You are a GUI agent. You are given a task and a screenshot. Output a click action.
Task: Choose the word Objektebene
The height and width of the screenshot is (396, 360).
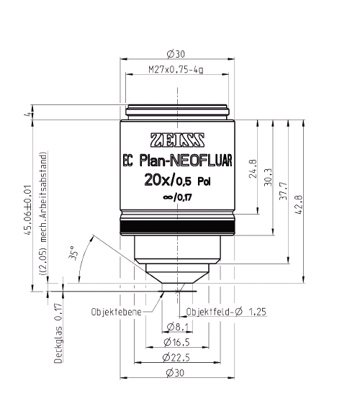coord(115,312)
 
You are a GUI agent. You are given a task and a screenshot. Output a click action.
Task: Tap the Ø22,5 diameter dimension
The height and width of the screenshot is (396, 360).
coord(176,356)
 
